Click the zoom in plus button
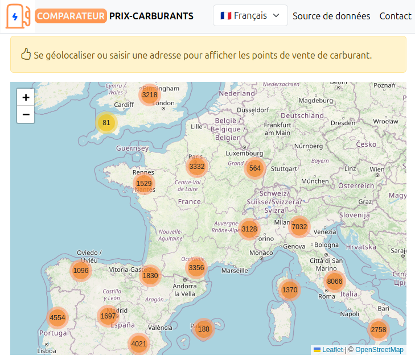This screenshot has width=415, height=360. pos(26,97)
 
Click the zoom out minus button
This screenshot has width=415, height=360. pos(26,114)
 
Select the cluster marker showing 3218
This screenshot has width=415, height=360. pos(150,95)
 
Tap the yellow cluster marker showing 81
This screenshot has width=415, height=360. pos(106,123)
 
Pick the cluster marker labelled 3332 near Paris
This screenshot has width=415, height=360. pos(197,167)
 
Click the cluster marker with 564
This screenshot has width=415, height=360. pos(255,168)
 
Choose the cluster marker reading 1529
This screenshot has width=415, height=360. pos(144,183)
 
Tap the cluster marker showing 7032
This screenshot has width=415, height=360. pos(299,226)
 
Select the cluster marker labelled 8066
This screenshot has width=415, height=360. pos(335,281)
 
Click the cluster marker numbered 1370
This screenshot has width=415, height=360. pos(290,289)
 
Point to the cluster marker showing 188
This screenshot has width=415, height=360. pos(204,329)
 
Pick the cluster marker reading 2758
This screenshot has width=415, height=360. pos(379,329)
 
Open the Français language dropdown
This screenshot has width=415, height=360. pos(250,16)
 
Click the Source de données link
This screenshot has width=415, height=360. pos(331,16)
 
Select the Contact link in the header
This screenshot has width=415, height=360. pos(395,16)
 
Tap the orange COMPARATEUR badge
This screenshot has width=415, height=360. pos(71,16)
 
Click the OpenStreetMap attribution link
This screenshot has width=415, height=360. pos(379,350)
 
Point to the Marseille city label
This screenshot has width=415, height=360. pos(235,271)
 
